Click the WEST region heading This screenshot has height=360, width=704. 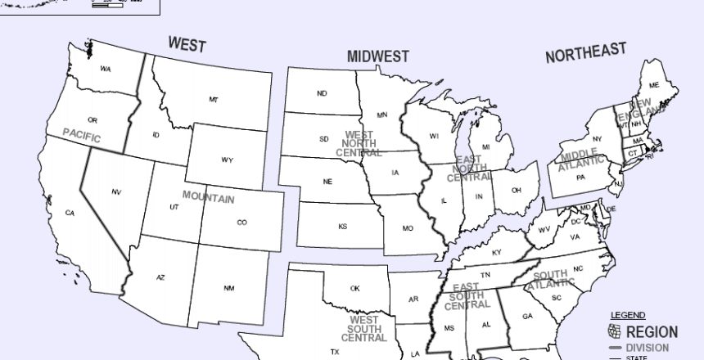click(187, 43)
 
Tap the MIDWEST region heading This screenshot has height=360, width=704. click(377, 56)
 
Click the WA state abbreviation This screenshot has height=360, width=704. click(106, 69)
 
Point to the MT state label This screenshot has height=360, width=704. click(214, 100)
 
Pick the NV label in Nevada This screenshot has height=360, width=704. click(116, 191)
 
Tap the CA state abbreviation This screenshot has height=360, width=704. click(70, 213)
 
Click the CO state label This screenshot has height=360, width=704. click(241, 222)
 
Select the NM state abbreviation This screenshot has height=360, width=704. click(228, 288)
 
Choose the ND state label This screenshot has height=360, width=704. click(322, 93)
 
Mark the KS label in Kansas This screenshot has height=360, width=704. click(343, 226)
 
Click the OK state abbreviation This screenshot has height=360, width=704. click(355, 288)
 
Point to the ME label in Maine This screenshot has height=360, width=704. click(654, 85)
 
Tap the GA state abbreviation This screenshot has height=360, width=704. click(527, 316)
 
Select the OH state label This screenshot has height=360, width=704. click(517, 190)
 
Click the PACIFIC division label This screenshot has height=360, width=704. click(82, 136)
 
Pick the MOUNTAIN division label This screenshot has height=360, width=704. click(208, 198)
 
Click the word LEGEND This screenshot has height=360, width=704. click(628, 315)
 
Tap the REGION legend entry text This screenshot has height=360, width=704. click(652, 332)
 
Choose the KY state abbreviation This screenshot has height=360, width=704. click(496, 252)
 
